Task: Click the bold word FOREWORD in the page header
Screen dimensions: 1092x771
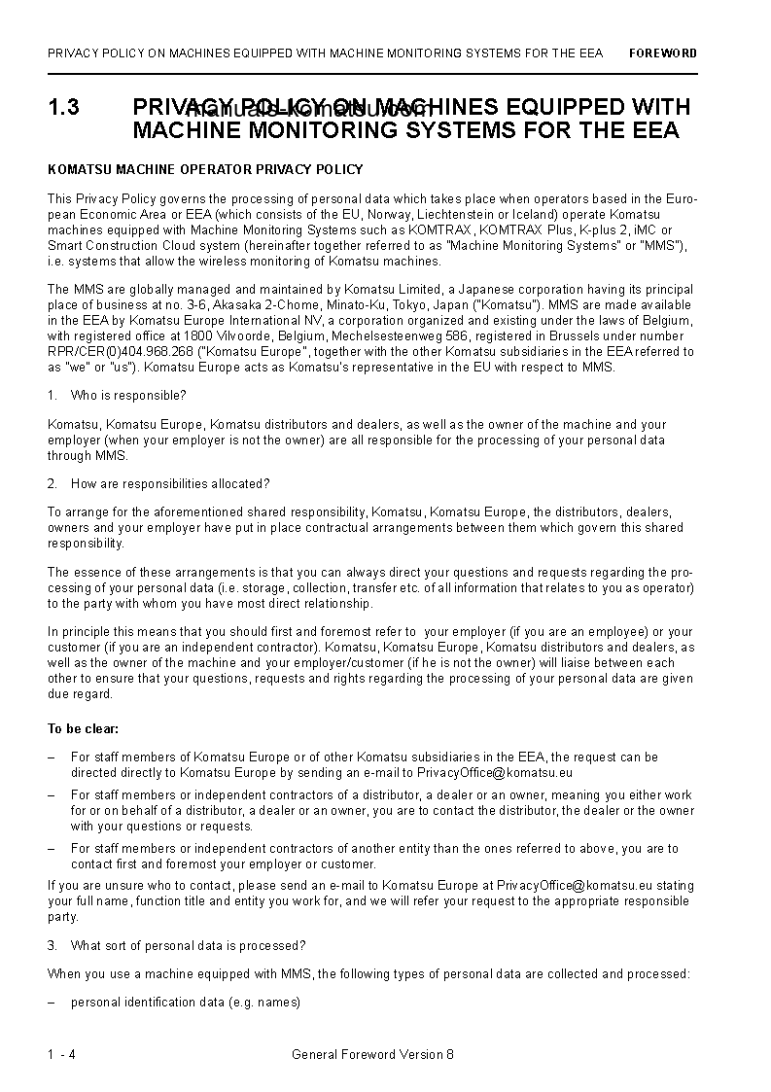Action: point(662,53)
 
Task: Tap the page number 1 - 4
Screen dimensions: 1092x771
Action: point(61,1054)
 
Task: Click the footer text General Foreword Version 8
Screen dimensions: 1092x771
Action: point(372,1054)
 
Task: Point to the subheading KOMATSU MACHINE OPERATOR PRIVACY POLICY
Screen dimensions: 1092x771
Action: point(205,169)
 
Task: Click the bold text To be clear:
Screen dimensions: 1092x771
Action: point(84,728)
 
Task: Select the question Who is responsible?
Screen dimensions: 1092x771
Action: point(128,395)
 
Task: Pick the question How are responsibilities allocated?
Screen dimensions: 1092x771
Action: point(170,483)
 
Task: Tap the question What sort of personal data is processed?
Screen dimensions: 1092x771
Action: point(188,945)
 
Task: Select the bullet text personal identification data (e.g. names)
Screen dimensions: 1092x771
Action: point(186,1003)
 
